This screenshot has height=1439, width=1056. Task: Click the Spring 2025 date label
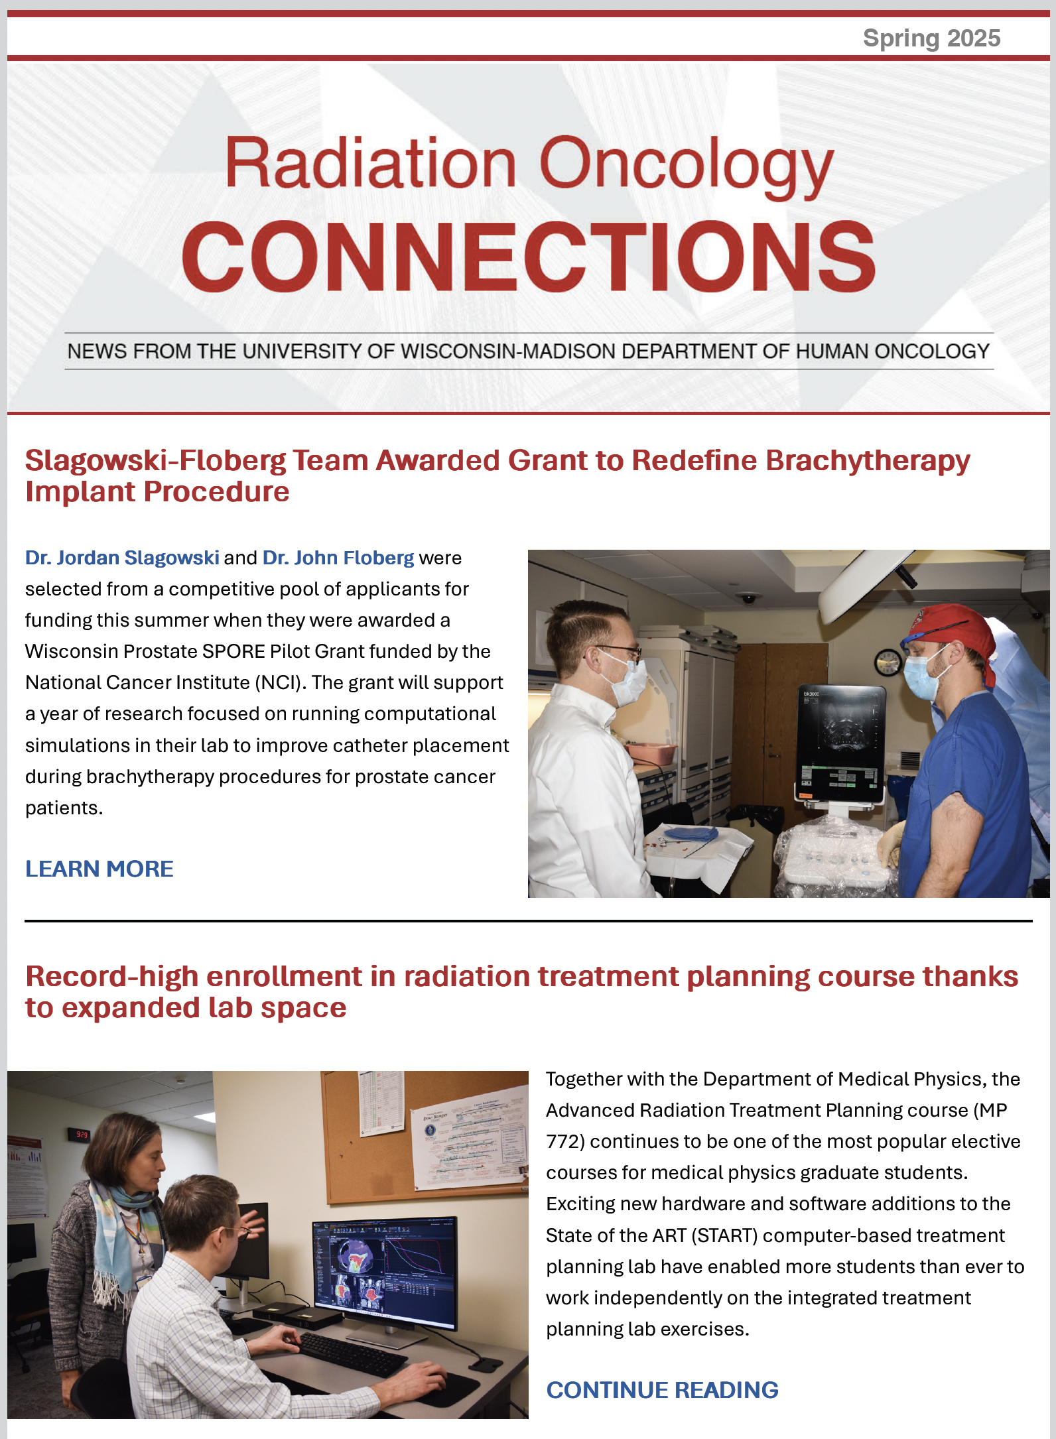(x=931, y=38)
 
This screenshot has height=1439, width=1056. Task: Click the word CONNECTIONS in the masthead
(x=529, y=257)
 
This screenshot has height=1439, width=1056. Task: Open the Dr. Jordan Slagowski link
(x=122, y=558)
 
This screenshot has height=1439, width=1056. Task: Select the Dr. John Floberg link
(x=338, y=558)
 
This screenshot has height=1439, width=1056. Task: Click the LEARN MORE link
(x=99, y=869)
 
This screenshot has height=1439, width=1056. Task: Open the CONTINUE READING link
(x=662, y=1390)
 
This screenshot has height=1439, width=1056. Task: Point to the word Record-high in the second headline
(x=111, y=977)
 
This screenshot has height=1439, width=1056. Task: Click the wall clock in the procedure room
(x=888, y=661)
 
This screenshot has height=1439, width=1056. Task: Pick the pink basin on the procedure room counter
(x=651, y=753)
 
